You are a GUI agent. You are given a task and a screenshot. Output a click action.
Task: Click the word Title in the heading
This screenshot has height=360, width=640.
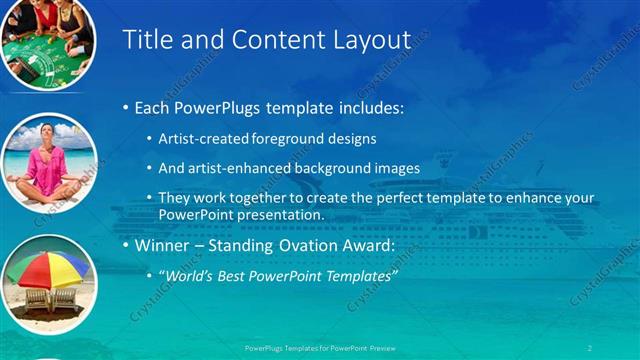click(x=144, y=40)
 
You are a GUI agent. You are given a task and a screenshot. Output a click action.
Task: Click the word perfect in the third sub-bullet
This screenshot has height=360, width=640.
click(x=374, y=198)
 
